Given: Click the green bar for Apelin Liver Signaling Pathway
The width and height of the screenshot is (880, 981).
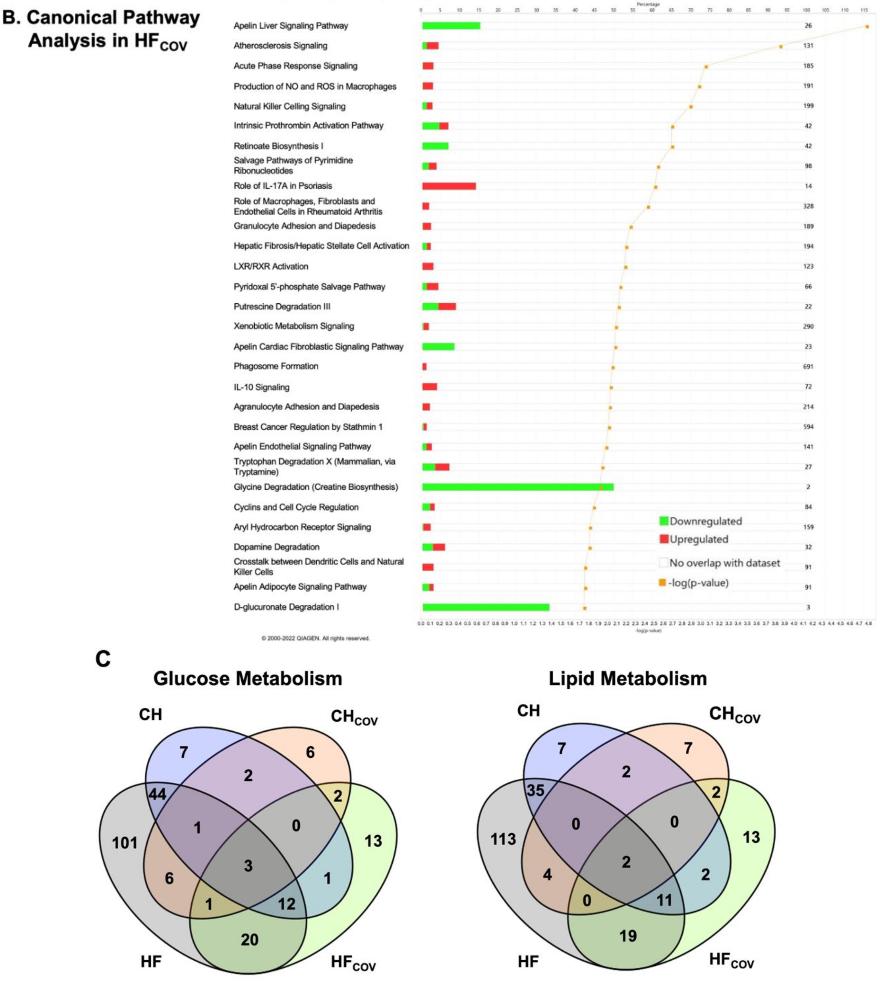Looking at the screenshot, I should pyautogui.click(x=451, y=26).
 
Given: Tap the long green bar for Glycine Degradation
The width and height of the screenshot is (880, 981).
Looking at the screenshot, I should pyautogui.click(x=517, y=487).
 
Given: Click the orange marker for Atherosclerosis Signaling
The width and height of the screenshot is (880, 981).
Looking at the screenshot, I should pyautogui.click(x=780, y=47).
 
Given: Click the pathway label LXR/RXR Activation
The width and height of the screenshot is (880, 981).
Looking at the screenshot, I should pyautogui.click(x=271, y=266).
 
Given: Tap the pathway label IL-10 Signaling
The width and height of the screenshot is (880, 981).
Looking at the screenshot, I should pyautogui.click(x=261, y=387).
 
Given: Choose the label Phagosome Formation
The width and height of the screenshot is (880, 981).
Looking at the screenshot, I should pyautogui.click(x=276, y=366).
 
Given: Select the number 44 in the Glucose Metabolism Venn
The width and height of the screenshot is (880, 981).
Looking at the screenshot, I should pyautogui.click(x=158, y=794).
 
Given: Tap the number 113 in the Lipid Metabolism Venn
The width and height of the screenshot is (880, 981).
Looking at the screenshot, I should pyautogui.click(x=503, y=839).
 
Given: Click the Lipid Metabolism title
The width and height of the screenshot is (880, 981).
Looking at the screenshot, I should pyautogui.click(x=627, y=678).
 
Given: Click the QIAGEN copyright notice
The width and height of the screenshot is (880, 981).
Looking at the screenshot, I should pyautogui.click(x=315, y=638).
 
